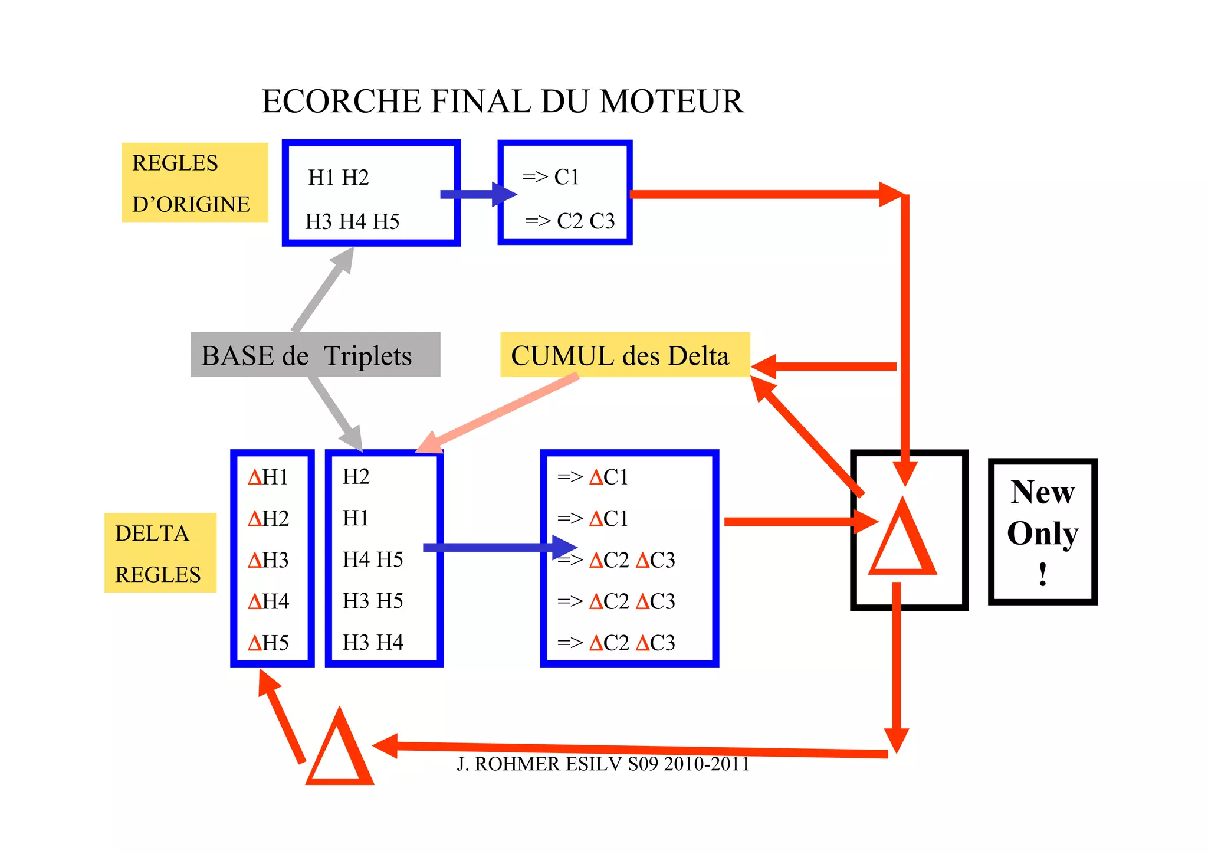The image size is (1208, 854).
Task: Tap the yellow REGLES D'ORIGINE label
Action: (195, 183)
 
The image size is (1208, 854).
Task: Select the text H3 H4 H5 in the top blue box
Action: (352, 222)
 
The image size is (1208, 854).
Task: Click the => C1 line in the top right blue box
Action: (551, 177)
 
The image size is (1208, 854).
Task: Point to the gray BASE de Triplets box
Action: (315, 355)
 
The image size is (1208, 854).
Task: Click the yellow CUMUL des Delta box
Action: (624, 355)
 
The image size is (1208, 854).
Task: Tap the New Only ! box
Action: (1042, 532)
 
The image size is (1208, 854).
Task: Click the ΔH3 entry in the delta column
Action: (268, 559)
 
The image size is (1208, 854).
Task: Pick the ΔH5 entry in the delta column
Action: (268, 643)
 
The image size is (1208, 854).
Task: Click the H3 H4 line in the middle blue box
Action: (373, 643)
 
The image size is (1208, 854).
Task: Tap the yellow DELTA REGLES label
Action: (160, 553)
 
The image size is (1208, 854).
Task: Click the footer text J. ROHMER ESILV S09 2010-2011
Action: (603, 764)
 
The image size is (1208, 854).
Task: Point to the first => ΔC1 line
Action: (593, 477)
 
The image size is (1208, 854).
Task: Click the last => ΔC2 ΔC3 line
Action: (616, 643)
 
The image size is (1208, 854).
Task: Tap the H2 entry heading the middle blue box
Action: (356, 477)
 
